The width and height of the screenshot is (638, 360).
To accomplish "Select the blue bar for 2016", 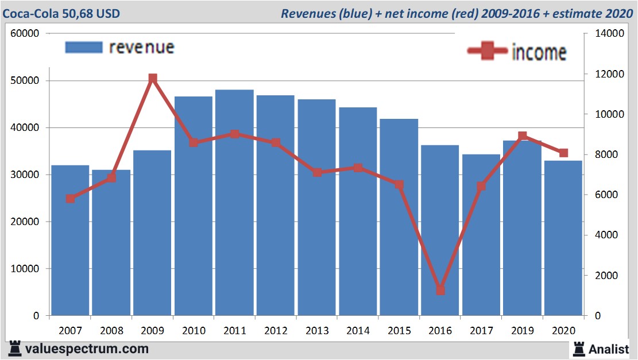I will [440, 230].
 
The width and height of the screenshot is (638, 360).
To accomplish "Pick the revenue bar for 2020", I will [563, 238].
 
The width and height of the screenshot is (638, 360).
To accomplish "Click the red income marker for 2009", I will [153, 79].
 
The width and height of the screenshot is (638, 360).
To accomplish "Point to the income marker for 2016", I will [440, 290].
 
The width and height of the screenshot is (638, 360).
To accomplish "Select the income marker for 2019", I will [523, 137].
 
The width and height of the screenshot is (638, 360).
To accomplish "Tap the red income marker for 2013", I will [318, 172].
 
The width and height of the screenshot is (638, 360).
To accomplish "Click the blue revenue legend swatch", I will [84, 47].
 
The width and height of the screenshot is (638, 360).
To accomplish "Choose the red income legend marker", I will [488, 52].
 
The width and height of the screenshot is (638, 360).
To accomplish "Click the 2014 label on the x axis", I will [358, 331].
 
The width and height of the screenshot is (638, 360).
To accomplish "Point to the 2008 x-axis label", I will [111, 331].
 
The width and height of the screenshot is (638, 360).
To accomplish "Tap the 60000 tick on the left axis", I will [25, 33].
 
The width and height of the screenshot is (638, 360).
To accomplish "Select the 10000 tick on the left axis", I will [25, 269].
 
